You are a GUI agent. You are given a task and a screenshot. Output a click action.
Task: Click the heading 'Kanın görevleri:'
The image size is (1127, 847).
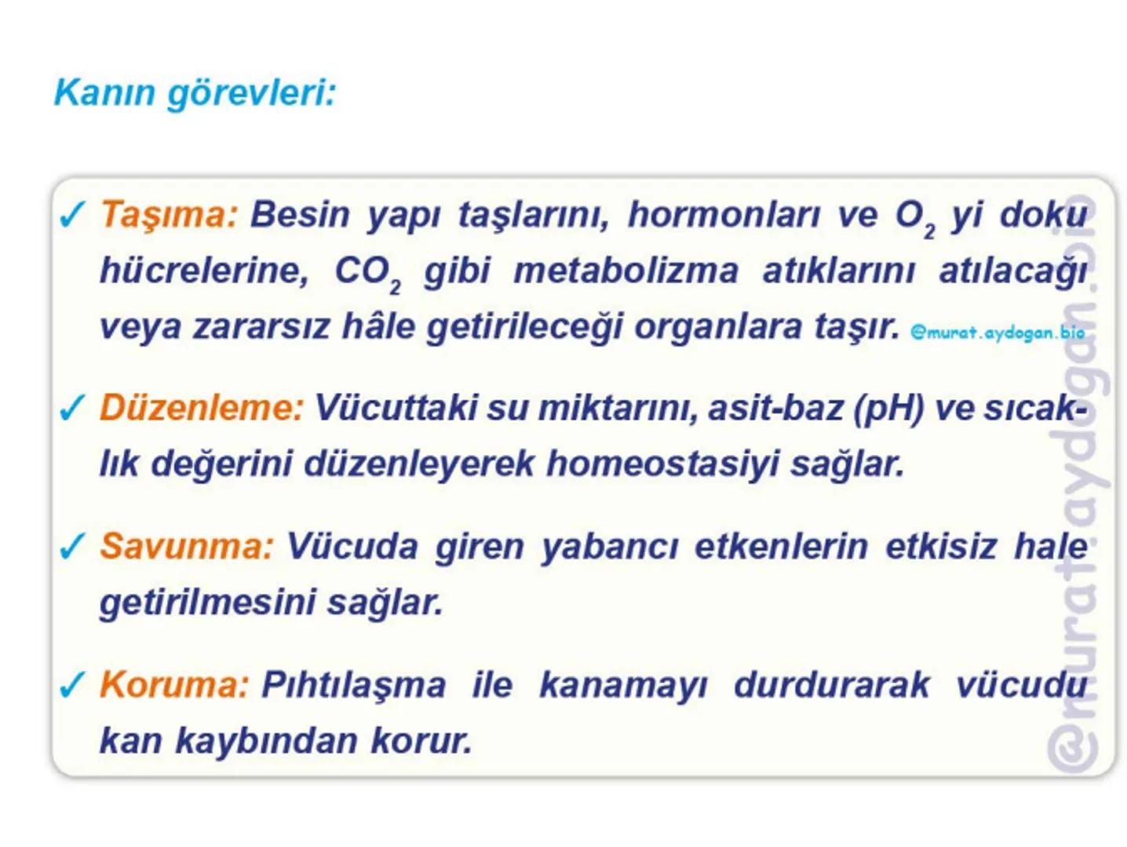195,93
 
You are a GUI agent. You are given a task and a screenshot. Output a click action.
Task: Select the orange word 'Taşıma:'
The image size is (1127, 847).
169,214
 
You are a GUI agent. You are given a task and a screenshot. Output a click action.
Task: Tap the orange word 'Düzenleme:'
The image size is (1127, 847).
201,408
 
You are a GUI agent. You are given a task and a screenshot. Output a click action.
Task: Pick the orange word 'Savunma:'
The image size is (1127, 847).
187,546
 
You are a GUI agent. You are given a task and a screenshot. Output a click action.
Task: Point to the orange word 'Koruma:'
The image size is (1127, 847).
174,685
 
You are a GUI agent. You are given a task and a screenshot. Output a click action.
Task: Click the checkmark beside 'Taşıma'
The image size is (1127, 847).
71,215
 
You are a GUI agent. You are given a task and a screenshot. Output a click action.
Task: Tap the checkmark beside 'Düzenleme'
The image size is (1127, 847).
71,409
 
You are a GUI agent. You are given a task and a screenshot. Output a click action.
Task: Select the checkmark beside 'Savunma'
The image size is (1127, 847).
71,547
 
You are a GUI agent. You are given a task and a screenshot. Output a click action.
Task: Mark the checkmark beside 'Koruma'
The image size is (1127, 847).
71,685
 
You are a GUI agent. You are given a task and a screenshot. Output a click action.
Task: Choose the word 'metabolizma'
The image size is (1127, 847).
626,271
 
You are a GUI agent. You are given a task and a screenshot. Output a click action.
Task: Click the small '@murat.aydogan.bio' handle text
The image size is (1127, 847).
997,333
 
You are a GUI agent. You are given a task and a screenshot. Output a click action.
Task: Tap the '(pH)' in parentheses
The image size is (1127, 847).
888,408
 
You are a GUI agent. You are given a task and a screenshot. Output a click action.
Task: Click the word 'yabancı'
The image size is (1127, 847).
609,546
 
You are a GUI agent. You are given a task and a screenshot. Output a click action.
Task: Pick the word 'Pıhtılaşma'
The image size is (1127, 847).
353,685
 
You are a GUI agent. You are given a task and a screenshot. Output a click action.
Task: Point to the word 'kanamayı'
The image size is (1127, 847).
623,685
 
